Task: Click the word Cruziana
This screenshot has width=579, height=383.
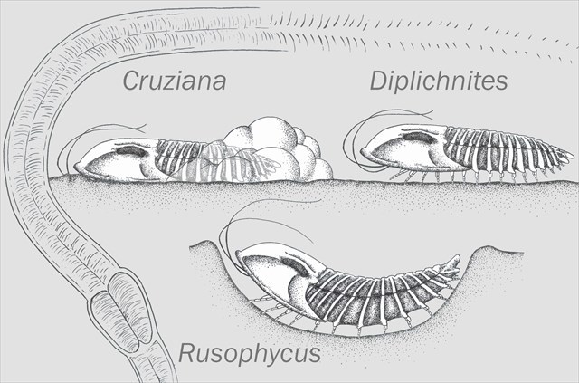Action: click(175, 83)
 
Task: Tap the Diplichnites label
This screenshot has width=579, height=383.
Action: click(439, 81)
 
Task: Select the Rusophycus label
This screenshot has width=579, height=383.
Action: click(249, 352)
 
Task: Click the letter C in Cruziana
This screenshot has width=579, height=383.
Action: click(131, 83)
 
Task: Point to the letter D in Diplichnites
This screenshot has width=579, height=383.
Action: click(379, 81)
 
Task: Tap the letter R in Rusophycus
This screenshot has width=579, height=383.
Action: click(187, 352)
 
